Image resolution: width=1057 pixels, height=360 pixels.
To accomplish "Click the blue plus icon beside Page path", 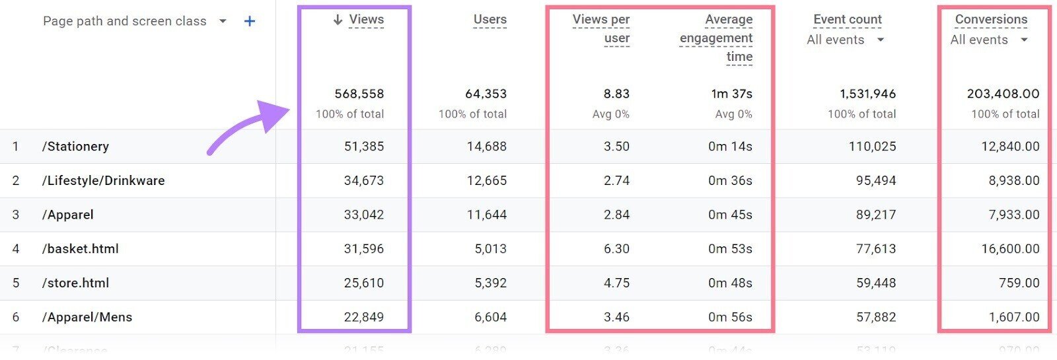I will pyautogui.click(x=250, y=21).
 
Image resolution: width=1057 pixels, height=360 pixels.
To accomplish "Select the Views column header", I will pyautogui.click(x=366, y=20).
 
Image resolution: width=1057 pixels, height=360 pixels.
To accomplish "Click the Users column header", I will pyautogui.click(x=490, y=20).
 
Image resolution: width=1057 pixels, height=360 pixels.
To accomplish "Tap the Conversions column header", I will pyautogui.click(x=991, y=20).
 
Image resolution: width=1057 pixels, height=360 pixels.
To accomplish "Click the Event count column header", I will pyautogui.click(x=847, y=20).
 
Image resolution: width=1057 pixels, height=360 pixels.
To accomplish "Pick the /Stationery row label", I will pyautogui.click(x=75, y=147).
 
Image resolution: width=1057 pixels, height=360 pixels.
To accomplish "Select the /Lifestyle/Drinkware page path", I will pyautogui.click(x=103, y=180).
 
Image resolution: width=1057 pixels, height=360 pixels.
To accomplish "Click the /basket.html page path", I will pyautogui.click(x=80, y=249).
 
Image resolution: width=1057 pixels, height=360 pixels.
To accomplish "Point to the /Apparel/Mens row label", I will pyautogui.click(x=87, y=317).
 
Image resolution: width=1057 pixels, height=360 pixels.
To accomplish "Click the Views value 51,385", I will pyautogui.click(x=363, y=147).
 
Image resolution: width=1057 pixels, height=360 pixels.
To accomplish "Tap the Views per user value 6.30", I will pyautogui.click(x=616, y=249).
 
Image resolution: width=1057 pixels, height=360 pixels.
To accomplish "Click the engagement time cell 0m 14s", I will pyautogui.click(x=730, y=147).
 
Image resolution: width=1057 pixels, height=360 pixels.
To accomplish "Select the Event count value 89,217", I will pyautogui.click(x=876, y=215).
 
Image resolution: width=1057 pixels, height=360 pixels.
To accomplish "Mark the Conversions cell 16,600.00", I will pyautogui.click(x=1010, y=249).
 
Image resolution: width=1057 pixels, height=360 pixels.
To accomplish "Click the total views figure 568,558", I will pyautogui.click(x=359, y=94).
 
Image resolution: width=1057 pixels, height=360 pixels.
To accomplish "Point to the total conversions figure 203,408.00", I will pyautogui.click(x=1003, y=94).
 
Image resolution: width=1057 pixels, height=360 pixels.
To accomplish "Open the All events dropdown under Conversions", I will pyautogui.click(x=988, y=40).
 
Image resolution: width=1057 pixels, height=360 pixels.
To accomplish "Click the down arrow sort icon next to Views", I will pyautogui.click(x=338, y=20).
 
